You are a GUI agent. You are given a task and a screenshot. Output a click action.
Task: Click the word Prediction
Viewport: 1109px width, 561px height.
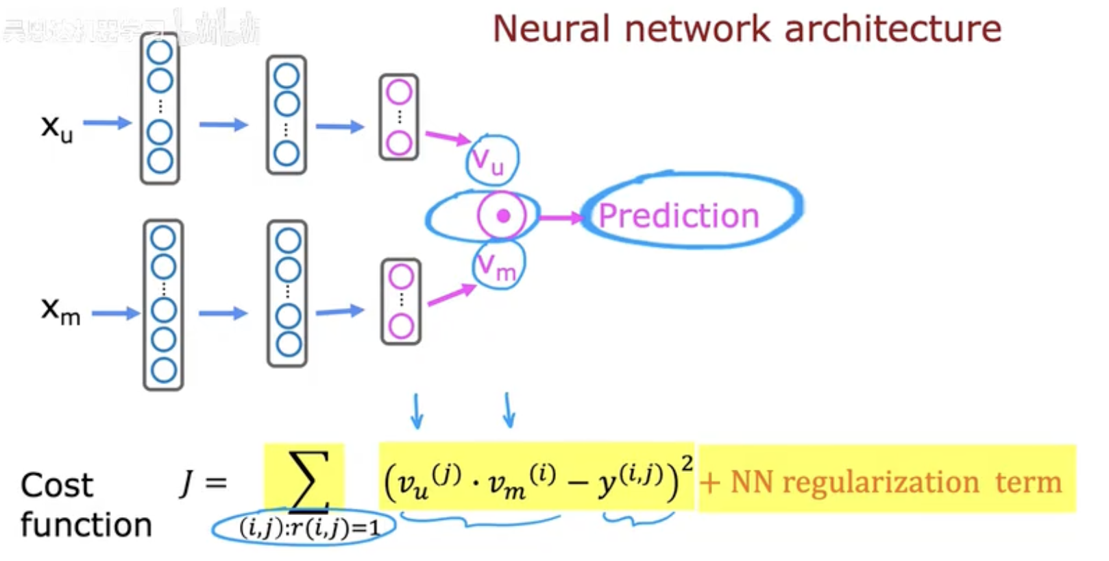679,215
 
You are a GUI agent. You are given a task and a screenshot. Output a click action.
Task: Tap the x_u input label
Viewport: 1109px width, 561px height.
56,128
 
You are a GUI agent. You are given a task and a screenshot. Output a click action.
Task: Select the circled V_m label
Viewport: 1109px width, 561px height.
498,266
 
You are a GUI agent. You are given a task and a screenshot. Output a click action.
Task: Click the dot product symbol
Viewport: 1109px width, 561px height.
502,216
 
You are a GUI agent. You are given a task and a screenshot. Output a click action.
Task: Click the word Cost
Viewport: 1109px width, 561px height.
56,485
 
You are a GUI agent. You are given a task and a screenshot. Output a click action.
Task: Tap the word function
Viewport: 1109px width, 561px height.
86,525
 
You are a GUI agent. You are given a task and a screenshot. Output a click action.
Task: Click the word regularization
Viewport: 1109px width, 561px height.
880,482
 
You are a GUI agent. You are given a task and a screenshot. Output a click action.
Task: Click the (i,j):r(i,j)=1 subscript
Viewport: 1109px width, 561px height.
308,528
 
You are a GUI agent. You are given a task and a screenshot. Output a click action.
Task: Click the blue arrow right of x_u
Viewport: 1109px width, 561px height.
108,123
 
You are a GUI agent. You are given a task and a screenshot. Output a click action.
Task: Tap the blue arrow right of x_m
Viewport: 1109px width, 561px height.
115,313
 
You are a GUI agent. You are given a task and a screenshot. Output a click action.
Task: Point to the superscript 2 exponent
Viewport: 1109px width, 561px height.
687,463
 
